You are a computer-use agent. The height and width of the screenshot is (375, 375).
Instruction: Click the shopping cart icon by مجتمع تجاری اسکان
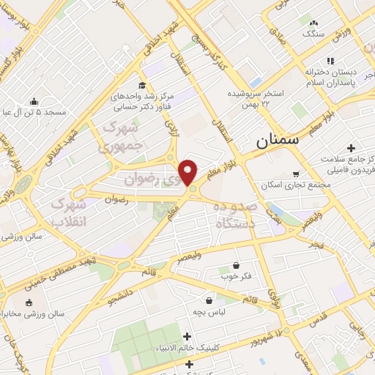click(x=295, y=174)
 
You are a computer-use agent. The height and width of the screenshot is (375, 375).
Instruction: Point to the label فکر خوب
click(x=235, y=277)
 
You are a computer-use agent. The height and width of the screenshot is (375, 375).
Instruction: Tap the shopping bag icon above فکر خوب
click(x=236, y=265)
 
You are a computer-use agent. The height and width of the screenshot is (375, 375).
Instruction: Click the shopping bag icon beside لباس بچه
click(x=210, y=300)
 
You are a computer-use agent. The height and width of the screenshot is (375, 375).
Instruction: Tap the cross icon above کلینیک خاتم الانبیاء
click(x=187, y=336)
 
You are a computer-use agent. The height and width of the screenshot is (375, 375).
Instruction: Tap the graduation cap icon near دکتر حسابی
click(x=142, y=84)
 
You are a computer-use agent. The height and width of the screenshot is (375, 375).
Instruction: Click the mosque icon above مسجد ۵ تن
click(x=34, y=102)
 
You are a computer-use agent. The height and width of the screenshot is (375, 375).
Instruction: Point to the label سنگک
click(x=313, y=34)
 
